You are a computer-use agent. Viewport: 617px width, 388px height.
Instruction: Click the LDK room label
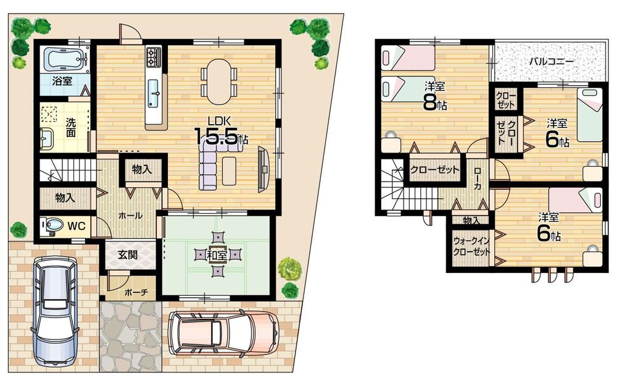tap(218, 120)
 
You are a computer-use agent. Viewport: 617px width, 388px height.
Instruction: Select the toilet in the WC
tap(52, 226)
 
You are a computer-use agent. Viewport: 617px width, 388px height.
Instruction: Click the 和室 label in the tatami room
tap(215, 254)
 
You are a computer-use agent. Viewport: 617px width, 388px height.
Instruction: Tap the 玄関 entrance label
tap(128, 253)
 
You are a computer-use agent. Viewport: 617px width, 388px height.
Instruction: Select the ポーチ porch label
tap(135, 292)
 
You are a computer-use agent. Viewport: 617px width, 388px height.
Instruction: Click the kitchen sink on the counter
tap(154, 94)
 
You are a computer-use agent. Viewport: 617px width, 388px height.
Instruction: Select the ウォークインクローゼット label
tap(471, 247)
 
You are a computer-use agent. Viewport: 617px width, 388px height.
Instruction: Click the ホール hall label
tap(130, 216)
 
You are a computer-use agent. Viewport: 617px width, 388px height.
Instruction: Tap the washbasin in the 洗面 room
tap(47, 139)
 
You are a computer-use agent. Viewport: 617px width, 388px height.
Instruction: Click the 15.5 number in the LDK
tap(217, 137)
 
